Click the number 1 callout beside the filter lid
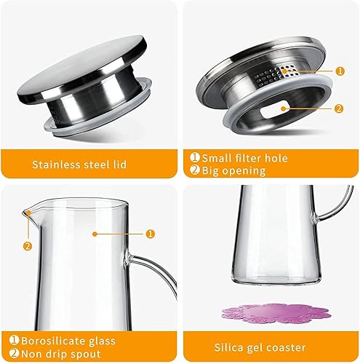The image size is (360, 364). (340, 71)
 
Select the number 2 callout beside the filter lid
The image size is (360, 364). (340, 109)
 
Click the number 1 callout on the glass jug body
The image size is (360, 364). (151, 234)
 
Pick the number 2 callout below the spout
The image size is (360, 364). (28, 245)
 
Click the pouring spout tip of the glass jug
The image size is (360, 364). (26, 211)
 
